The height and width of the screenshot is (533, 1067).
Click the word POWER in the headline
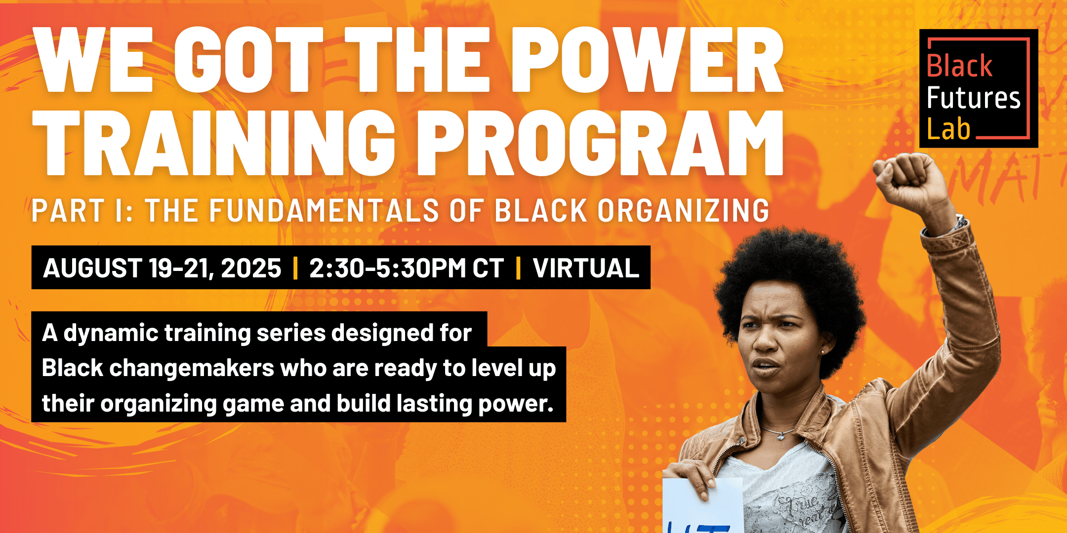click(647, 60)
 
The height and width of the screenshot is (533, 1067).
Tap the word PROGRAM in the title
click(600, 143)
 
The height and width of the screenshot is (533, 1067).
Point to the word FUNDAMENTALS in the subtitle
click(324, 211)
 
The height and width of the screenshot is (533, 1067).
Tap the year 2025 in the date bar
click(251, 268)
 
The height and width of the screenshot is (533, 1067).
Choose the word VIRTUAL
click(586, 268)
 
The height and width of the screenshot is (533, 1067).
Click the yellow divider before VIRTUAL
click(518, 268)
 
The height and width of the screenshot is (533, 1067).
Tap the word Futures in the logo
click(973, 98)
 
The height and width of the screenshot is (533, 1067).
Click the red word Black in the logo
click(959, 66)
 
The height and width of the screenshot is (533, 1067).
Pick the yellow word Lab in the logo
click(948, 129)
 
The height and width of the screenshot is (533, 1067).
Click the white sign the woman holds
click(701, 508)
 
